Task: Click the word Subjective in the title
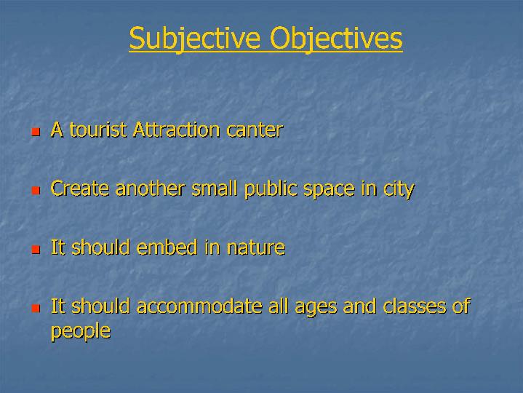coord(194,39)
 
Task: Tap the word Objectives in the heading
coord(336,39)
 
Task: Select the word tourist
coord(98,130)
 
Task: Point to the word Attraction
coord(177,130)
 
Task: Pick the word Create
coord(80,188)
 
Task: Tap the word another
coord(151,188)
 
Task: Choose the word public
coord(271,189)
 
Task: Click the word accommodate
coord(199,306)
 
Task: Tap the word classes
coord(415,306)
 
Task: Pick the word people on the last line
coord(81,332)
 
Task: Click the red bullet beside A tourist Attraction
coord(36,132)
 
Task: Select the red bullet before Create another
coord(36,191)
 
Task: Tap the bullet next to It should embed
coord(36,250)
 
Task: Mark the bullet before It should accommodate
coord(36,308)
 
